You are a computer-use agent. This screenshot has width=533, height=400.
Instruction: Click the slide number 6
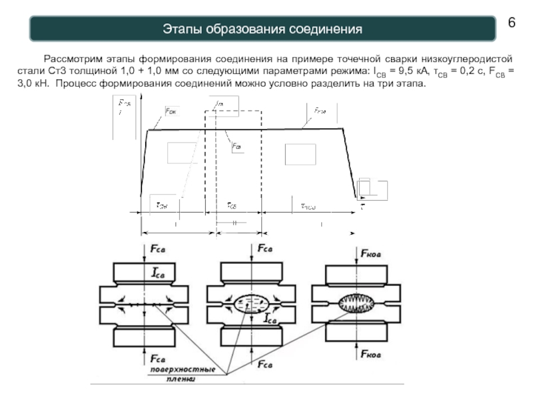coord(512,22)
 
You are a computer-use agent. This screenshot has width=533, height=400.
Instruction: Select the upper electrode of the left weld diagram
coord(145,273)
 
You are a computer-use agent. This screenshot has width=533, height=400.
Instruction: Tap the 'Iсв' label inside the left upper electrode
coord(163,273)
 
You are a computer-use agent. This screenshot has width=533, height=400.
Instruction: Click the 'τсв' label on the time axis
coord(232,205)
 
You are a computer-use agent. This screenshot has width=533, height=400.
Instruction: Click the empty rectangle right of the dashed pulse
coord(300,154)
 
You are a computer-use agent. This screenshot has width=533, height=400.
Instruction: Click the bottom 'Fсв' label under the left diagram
coord(160,357)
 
